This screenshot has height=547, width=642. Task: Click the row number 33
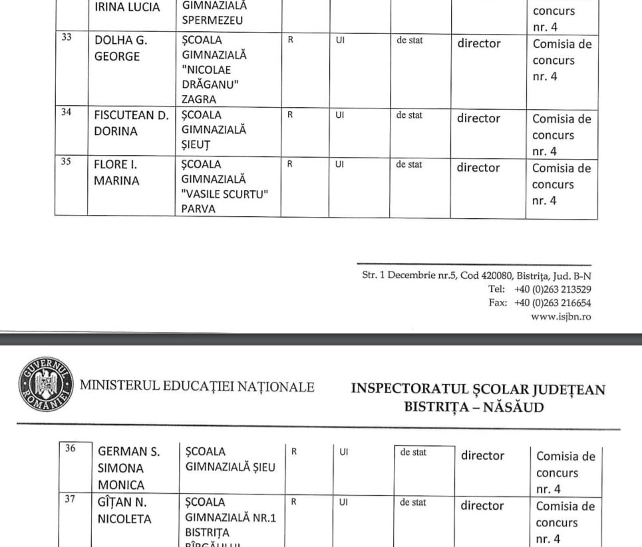(67, 37)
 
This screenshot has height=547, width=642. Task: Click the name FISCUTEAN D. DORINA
(130, 123)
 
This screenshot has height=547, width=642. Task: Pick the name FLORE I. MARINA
(117, 172)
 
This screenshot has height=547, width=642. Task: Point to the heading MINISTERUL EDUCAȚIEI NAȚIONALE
(197, 387)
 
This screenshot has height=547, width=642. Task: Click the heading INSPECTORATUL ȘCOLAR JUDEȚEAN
(478, 389)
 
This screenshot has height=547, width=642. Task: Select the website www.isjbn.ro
(561, 317)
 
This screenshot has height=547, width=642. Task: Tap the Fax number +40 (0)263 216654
(552, 303)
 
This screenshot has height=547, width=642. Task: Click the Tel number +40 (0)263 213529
(552, 289)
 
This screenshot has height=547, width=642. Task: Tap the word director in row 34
(478, 118)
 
